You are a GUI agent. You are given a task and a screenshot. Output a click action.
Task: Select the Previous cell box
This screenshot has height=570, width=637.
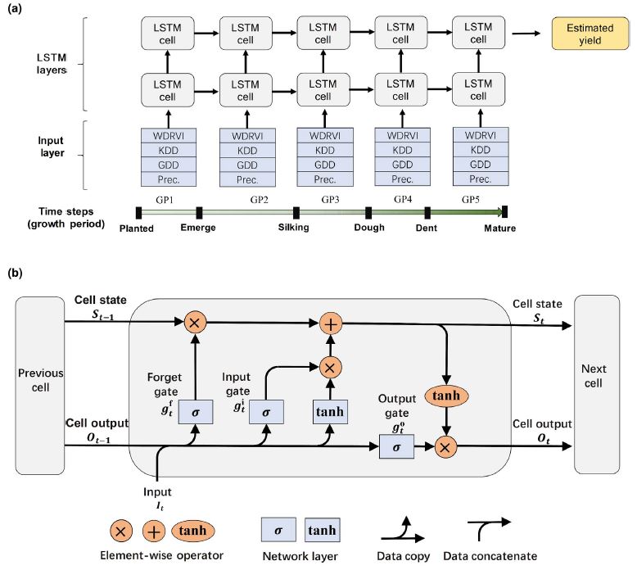(40, 387)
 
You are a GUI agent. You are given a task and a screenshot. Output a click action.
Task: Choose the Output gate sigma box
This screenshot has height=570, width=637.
(395, 447)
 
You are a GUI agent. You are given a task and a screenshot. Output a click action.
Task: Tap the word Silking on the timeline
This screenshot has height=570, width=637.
(293, 227)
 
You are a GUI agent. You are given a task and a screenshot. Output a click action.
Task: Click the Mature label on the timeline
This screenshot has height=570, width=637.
(499, 228)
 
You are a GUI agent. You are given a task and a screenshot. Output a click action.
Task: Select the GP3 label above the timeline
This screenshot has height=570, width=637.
(330, 200)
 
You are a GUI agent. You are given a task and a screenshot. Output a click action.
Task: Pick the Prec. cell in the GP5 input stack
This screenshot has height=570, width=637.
(479, 179)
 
